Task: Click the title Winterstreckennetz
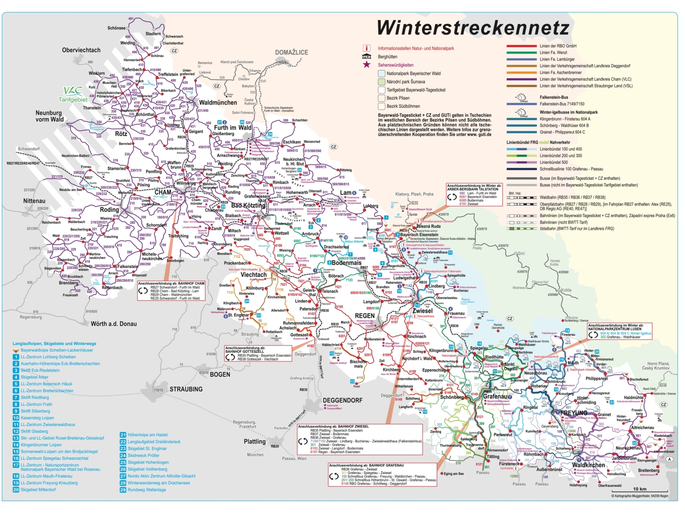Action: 473,28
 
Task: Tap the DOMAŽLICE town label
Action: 291,52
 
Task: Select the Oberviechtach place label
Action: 81,50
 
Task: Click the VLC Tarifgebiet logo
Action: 73,94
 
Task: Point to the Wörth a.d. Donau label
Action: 114,324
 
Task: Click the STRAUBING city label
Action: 186,389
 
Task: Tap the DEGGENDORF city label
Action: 342,400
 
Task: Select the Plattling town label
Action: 254,442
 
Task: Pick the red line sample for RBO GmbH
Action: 521,46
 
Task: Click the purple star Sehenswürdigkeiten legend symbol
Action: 366,65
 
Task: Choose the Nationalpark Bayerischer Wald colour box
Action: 382,74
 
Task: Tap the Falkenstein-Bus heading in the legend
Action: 554,97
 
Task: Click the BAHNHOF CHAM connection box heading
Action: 171,284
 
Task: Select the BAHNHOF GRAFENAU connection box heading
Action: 366,465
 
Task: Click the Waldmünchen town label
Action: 218,103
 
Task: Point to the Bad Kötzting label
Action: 248,206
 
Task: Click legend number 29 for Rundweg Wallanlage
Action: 123,490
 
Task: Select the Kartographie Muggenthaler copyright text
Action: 639,496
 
